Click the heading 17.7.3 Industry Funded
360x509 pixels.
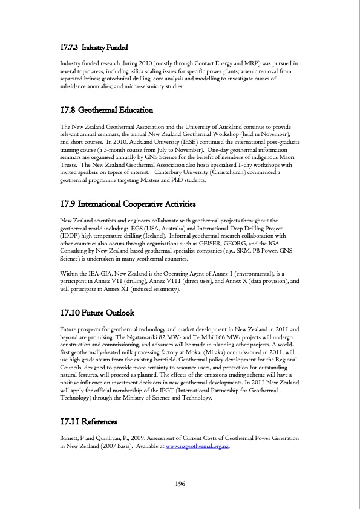pos(95,47)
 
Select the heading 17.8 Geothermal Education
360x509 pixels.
pos(106,110)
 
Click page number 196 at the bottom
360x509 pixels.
pos(180,484)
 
